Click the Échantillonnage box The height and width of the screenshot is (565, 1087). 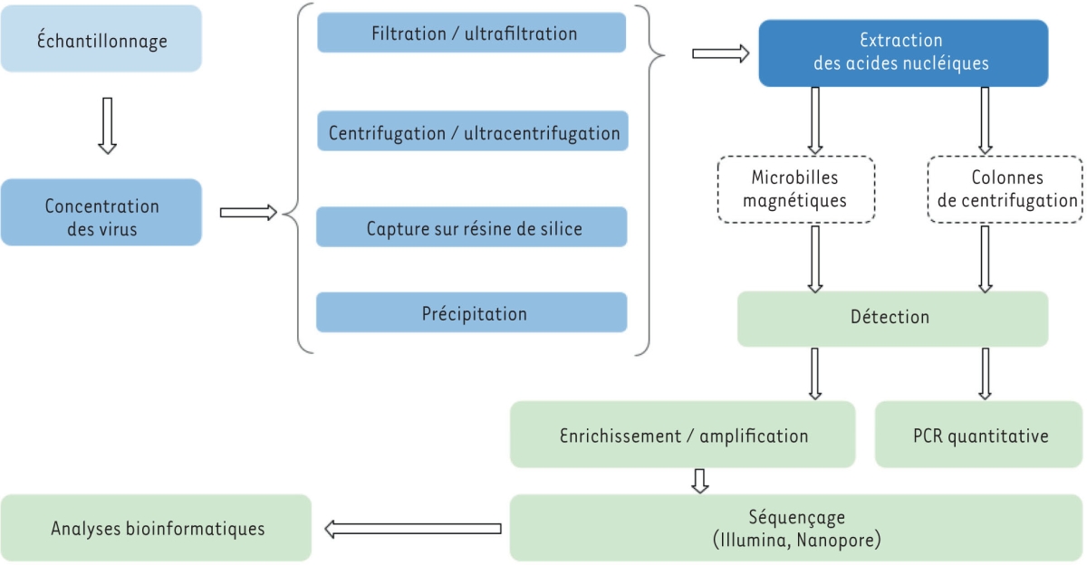click(x=101, y=39)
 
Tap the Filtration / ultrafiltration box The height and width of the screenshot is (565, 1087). click(x=471, y=34)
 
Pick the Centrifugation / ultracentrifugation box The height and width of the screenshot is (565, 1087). click(x=471, y=132)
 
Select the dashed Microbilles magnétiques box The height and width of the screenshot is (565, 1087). click(x=794, y=189)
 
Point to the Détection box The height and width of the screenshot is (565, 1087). click(x=891, y=318)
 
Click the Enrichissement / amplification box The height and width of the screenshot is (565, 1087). click(x=682, y=435)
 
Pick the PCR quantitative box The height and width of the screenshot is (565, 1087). click(x=979, y=435)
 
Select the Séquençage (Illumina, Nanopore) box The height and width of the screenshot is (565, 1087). click(x=797, y=528)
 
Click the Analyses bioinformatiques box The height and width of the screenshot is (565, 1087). click(x=156, y=528)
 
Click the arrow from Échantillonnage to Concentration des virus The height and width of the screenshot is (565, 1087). click(x=107, y=125)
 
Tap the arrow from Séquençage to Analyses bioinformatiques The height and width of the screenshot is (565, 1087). click(x=413, y=529)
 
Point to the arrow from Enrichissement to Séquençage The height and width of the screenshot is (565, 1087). click(x=699, y=480)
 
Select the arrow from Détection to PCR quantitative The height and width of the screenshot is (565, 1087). click(x=985, y=373)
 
